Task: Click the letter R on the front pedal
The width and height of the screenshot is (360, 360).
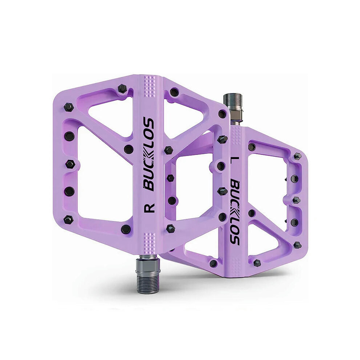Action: pyautogui.click(x=149, y=208)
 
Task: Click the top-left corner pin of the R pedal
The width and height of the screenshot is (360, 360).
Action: pyautogui.click(x=68, y=107)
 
